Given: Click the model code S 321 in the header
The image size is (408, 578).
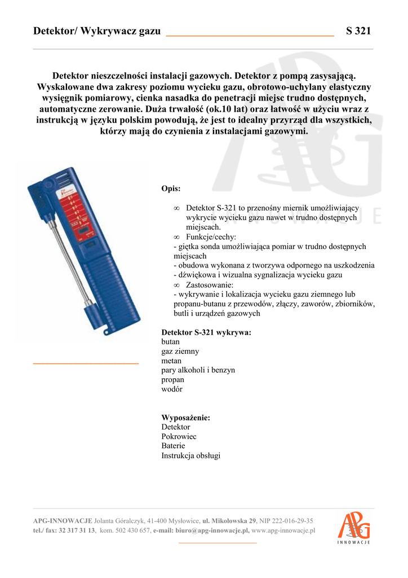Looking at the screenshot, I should pos(358,31).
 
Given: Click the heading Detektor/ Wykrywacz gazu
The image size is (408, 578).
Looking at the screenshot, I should pos(97,31).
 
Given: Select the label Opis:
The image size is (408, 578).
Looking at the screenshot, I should pos(171,189).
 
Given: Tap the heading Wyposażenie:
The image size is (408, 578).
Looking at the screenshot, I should pos(185,418).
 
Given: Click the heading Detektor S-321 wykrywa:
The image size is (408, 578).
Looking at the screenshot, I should pos(206,332).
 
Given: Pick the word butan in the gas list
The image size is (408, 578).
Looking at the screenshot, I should pos(170,341).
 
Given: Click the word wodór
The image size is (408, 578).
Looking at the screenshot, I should pos(172,389).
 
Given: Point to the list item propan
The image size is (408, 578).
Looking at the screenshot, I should pos(172,379).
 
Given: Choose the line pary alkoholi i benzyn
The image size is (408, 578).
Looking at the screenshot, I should pos(198,370).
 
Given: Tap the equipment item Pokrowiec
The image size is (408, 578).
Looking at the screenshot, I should pos(179,436).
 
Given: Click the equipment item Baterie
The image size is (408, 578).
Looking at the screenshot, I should pos(173,446).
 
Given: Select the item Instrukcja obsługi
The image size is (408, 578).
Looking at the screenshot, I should pos(190,456).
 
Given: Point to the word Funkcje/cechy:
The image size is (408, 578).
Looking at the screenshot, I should pos(211,237).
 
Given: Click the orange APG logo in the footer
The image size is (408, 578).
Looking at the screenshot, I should pos(353,526).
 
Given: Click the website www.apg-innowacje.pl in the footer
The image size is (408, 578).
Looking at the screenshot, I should pos(283,531).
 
